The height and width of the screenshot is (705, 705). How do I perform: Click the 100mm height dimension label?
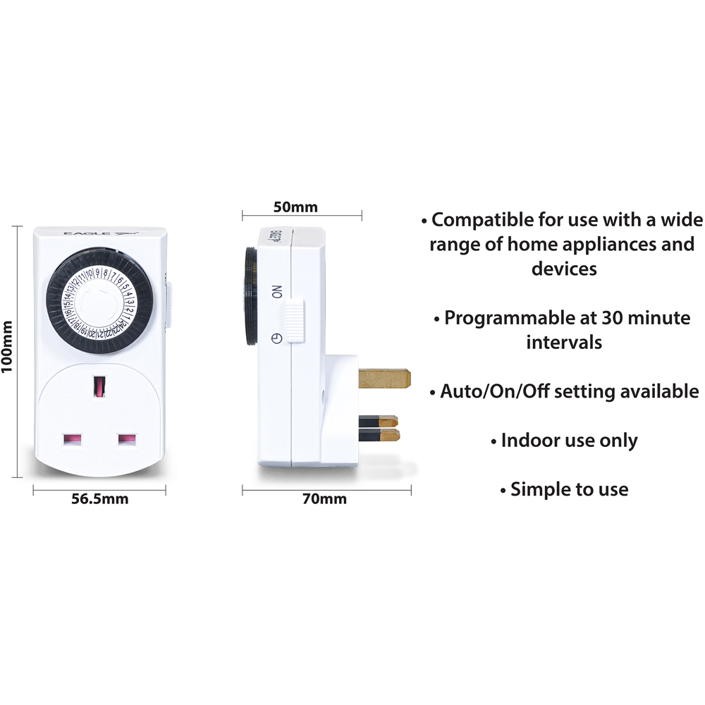[x=7, y=347]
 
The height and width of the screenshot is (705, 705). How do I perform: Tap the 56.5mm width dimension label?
[x=100, y=498]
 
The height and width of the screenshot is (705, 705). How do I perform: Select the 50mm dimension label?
[x=295, y=207]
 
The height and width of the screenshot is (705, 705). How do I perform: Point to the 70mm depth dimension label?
[x=324, y=498]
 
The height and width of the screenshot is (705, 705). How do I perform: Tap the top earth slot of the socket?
[x=99, y=386]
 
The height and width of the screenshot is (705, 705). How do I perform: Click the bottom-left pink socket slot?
[x=73, y=439]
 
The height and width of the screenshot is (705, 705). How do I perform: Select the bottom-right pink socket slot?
[x=127, y=439]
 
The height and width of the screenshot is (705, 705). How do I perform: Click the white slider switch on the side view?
[x=294, y=322]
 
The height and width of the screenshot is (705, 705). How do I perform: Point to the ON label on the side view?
[x=277, y=291]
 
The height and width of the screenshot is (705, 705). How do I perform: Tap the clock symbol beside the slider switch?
[x=277, y=338]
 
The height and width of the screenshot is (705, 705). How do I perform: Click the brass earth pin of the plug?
[x=384, y=379]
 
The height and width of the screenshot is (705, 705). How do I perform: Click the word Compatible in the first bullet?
[x=482, y=220]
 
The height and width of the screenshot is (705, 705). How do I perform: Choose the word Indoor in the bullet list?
[x=525, y=440]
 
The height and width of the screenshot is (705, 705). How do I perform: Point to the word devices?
[x=564, y=269]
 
